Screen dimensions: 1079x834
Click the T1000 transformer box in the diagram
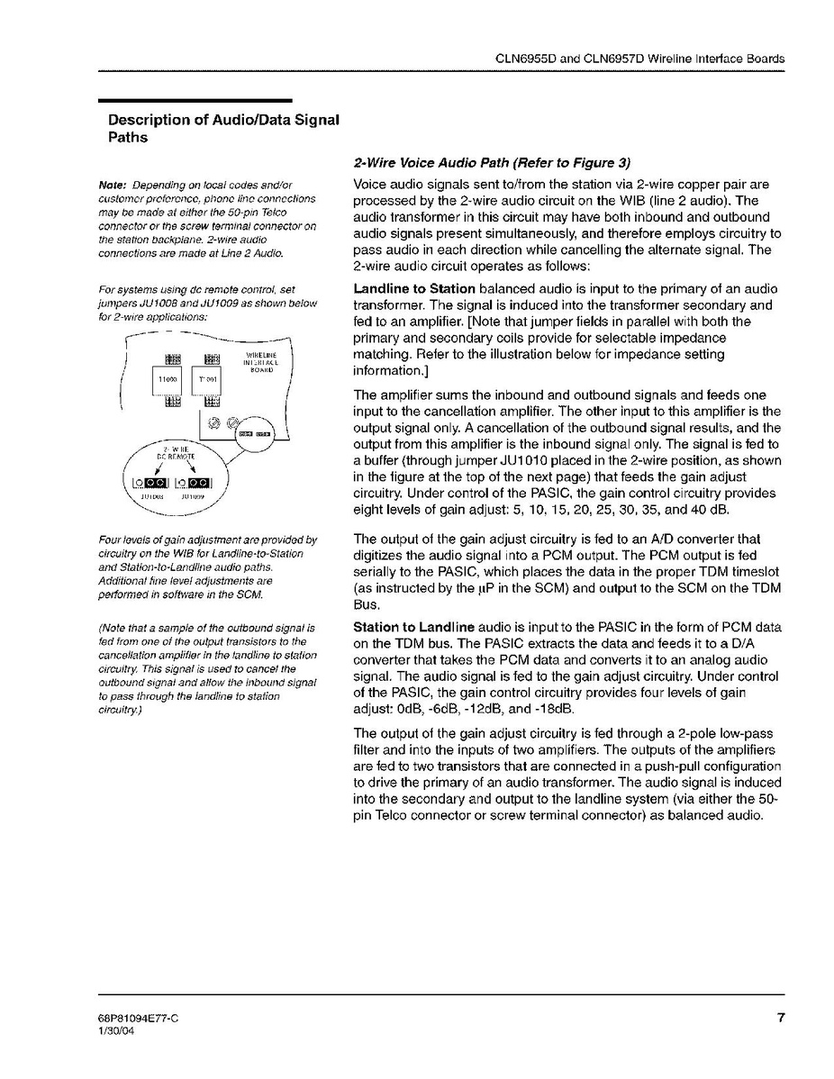coord(167,380)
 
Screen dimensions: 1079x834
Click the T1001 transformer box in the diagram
coord(206,380)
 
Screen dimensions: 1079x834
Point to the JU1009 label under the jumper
coord(195,495)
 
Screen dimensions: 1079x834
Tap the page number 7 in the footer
coord(781,1019)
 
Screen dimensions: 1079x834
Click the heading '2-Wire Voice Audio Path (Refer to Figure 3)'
coord(492,164)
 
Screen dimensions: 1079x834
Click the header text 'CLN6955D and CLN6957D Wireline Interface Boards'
coord(640,59)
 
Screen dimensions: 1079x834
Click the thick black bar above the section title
coord(195,100)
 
